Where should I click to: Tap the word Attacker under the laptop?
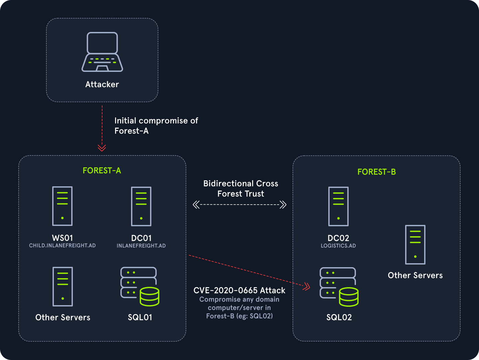click(x=102, y=85)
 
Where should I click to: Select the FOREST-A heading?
click(x=102, y=171)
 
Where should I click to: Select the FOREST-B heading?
click(x=377, y=172)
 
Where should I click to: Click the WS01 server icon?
click(x=63, y=206)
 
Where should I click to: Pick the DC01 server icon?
click(x=141, y=206)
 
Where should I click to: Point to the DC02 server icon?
click(x=338, y=206)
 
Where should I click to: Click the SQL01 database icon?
click(x=140, y=286)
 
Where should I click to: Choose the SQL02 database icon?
click(x=339, y=287)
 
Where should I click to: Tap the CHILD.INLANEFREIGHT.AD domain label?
click(x=63, y=246)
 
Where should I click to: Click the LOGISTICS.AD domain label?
click(x=338, y=246)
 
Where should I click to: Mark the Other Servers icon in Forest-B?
click(x=415, y=245)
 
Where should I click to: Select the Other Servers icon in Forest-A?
click(x=63, y=286)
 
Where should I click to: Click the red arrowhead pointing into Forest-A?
click(x=102, y=148)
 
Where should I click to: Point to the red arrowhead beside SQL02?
click(x=306, y=286)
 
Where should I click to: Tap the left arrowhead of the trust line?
click(x=196, y=204)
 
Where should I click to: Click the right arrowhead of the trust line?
click(x=283, y=204)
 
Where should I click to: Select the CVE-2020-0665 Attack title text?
click(x=239, y=290)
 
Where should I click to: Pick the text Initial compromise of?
click(x=156, y=121)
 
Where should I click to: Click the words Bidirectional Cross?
click(x=241, y=184)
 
